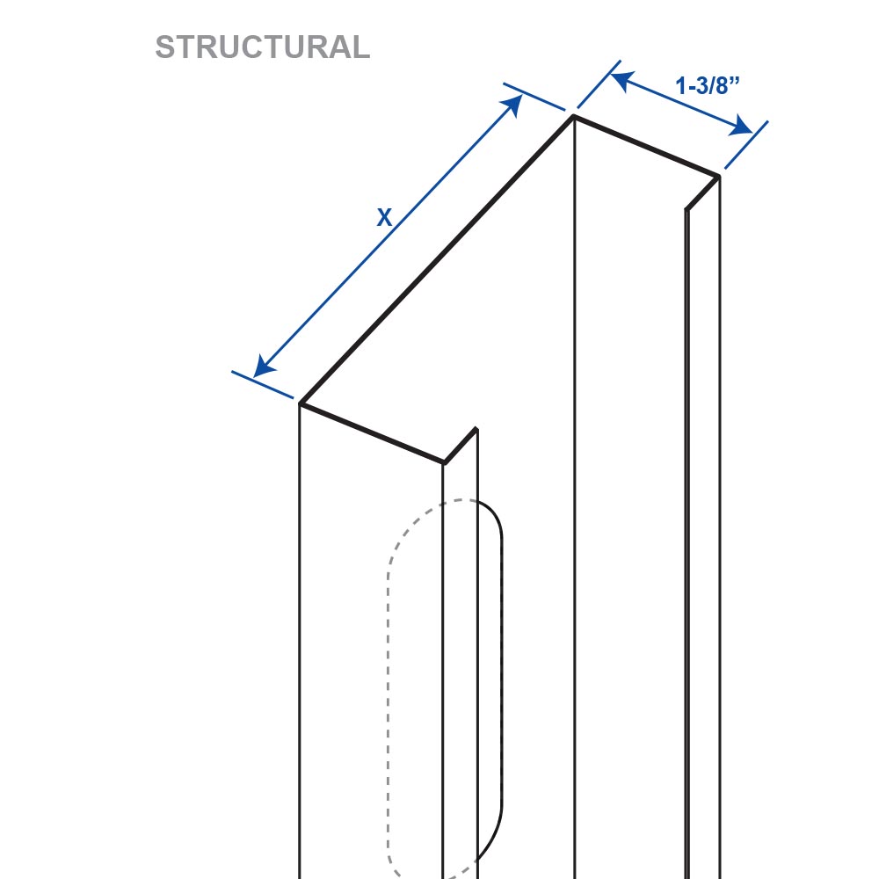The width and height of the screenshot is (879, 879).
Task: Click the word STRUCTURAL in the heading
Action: coord(262,47)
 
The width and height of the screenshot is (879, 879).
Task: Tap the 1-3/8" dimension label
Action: coord(708,86)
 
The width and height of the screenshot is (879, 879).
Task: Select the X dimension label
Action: coord(384,217)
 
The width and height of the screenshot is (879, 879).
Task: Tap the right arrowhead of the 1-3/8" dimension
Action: coord(740,127)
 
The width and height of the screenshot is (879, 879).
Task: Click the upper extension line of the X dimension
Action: coord(534,97)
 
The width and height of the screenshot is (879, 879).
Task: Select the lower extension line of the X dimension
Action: coord(262,385)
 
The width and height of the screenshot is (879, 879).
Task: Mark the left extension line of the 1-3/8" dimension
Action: coord(599,84)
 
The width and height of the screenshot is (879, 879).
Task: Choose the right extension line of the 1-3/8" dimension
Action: coord(746,145)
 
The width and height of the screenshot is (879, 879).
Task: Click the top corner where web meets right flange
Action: coord(573,116)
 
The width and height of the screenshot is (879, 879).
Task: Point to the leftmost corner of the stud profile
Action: coord(301,403)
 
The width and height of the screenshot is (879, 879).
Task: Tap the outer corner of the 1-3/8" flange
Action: coord(719,177)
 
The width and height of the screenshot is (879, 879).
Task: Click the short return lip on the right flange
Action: coord(702,193)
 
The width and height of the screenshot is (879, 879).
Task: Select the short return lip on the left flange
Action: coord(461,447)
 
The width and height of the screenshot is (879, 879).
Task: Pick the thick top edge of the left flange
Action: coord(372,433)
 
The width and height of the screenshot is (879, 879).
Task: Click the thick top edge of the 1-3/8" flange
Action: coord(646,146)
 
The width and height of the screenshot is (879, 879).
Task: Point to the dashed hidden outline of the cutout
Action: coord(388,672)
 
